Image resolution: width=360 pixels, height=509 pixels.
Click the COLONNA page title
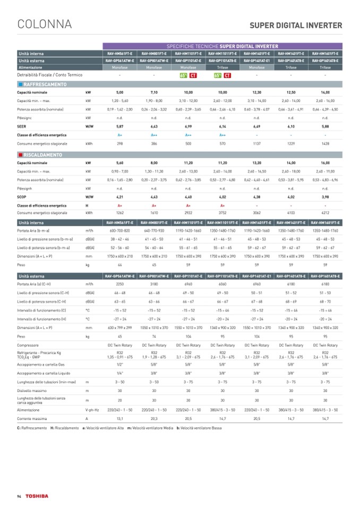tap(45, 24)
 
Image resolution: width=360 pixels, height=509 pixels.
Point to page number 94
tap(19, 496)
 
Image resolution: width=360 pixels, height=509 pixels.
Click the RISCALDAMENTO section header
tap(43, 155)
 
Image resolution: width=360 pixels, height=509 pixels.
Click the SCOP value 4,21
tap(119, 197)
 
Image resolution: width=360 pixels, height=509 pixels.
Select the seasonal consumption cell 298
tap(119, 143)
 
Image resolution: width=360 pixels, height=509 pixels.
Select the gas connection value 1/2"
tap(119, 349)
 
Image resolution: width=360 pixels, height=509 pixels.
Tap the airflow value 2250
tap(119, 284)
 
